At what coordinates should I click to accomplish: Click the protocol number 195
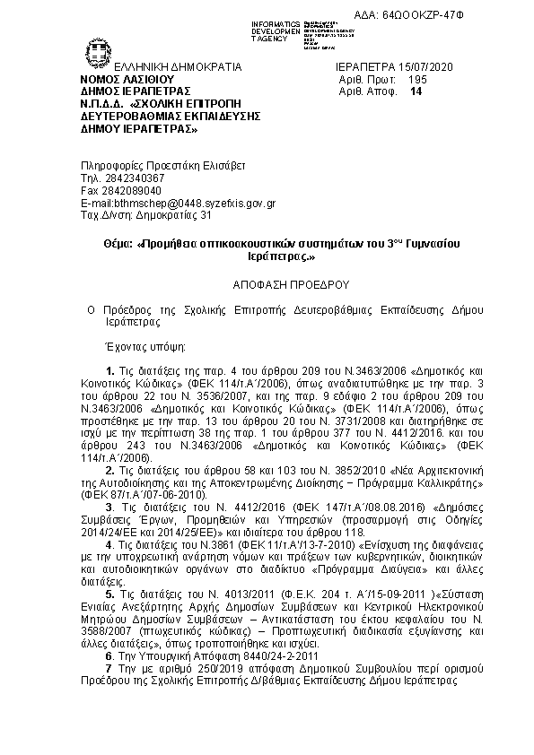419,79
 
